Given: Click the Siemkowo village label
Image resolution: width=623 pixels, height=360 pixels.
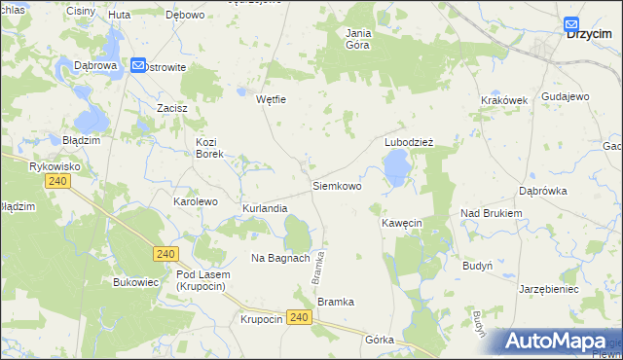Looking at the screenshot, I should click(337, 185).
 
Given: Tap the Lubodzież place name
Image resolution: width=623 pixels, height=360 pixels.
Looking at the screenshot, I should click(408, 141).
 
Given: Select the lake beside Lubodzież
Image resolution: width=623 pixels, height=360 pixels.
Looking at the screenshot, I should click(396, 172).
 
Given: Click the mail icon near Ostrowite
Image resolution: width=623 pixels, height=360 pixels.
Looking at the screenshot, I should click(137, 66).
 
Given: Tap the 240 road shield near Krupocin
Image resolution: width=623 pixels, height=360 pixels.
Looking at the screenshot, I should click(300, 318).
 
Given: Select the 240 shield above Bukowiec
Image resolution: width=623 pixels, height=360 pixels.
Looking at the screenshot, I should click(165, 254).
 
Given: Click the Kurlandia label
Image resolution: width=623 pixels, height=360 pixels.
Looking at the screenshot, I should click(265, 209).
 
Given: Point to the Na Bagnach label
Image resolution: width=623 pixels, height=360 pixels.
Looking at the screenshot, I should click(280, 258).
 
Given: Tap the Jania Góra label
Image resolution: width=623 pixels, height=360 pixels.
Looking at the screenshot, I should click(359, 38).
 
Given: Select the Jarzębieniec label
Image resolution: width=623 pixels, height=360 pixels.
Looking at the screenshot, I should click(549, 289).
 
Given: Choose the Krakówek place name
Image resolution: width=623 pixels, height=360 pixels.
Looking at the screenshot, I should click(503, 100).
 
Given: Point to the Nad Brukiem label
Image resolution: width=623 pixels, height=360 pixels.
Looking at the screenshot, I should click(492, 213).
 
